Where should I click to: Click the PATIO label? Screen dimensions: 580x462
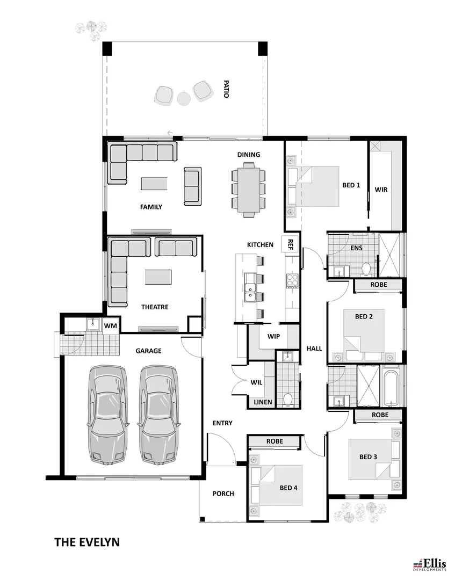click(226, 89)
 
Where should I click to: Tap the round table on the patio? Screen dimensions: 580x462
click(184, 99)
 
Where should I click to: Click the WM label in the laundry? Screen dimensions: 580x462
click(110, 325)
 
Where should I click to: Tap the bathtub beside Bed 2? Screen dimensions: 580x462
click(391, 386)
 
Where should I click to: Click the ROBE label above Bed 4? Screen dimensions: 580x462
click(275, 441)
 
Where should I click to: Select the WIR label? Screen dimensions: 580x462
click(381, 190)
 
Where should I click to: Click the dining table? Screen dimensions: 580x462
click(248, 190)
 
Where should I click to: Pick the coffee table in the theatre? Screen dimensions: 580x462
click(160, 277)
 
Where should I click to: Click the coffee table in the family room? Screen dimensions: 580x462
click(154, 184)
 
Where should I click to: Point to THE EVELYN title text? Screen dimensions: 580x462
click(86, 542)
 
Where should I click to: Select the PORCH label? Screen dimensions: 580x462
click(223, 494)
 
